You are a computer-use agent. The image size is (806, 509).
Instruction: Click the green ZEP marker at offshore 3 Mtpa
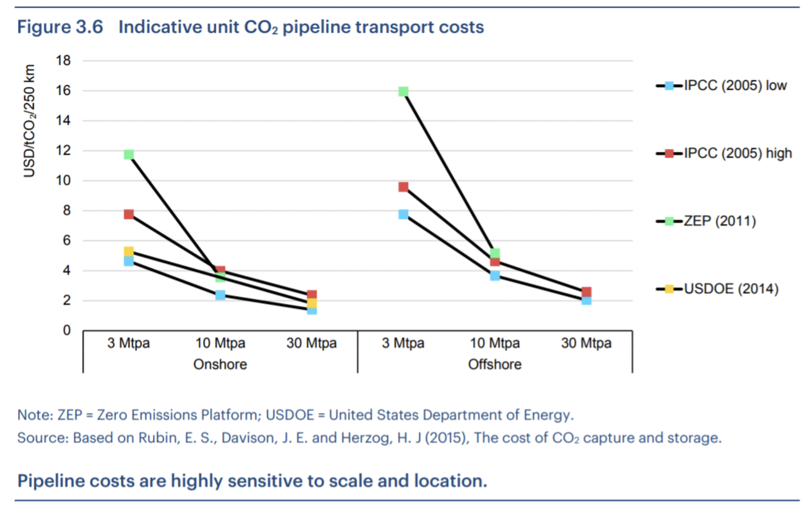click(403, 91)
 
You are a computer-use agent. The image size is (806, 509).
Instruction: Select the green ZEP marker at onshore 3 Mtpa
click(129, 155)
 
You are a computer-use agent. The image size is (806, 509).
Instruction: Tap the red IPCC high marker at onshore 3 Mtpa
click(129, 214)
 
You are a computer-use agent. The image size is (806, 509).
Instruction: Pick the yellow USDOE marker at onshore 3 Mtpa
click(129, 252)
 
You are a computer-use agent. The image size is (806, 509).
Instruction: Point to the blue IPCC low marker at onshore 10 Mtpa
click(220, 295)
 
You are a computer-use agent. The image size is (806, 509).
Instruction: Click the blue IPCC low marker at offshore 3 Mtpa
click(403, 214)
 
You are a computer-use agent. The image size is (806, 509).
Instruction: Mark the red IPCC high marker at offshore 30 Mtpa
click(586, 292)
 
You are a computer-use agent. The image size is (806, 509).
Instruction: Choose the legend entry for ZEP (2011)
click(720, 221)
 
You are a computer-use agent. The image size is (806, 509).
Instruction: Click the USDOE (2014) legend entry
click(731, 289)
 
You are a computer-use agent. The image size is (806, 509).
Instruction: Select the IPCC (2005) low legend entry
click(735, 86)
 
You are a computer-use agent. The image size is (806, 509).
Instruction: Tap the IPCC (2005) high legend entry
click(738, 153)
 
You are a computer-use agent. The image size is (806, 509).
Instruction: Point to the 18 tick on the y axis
click(63, 61)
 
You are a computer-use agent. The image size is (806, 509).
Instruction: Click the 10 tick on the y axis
click(63, 181)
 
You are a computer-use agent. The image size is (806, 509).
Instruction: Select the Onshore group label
click(220, 364)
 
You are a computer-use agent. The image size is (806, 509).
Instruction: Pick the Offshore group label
click(495, 364)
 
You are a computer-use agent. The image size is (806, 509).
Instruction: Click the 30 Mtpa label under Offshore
click(586, 343)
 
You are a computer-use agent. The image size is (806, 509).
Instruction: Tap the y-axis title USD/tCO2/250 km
click(29, 121)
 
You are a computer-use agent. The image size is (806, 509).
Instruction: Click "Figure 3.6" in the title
click(60, 27)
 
